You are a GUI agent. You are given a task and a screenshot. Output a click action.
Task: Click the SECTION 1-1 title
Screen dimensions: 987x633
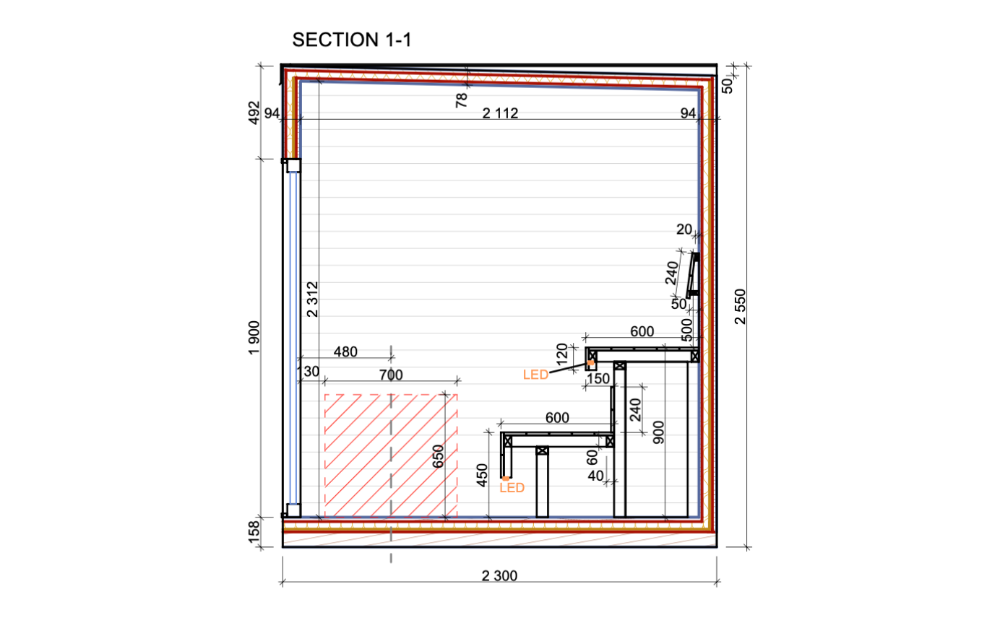[x=352, y=40]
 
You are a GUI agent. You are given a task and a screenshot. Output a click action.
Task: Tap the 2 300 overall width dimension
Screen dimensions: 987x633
[x=499, y=575]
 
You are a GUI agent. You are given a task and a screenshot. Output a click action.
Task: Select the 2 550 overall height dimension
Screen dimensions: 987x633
[x=741, y=306]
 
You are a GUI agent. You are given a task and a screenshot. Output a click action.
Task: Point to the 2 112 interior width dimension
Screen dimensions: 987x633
[x=500, y=113]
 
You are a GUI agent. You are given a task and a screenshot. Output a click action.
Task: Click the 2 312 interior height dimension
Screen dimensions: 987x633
[x=312, y=300]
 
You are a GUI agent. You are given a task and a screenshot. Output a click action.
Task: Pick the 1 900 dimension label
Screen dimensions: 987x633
[x=254, y=338]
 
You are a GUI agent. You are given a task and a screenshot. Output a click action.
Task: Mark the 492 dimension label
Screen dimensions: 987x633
[x=254, y=113]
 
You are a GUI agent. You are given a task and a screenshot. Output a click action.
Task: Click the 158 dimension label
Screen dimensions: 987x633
[x=254, y=532]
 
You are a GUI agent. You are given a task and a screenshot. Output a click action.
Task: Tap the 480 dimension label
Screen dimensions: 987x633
[x=345, y=352]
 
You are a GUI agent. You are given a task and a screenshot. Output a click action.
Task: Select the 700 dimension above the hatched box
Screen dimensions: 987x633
[x=391, y=375]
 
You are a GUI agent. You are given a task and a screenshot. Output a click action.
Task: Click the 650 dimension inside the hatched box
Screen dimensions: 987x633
[x=438, y=456]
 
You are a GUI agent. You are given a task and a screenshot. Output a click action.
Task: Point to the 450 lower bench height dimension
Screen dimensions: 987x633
[x=483, y=476]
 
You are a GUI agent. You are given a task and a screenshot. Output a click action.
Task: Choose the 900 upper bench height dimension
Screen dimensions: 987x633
[x=658, y=432]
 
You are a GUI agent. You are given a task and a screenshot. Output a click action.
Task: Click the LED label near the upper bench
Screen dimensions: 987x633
[x=536, y=375]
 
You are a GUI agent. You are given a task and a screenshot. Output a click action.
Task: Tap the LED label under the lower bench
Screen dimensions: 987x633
[x=512, y=488]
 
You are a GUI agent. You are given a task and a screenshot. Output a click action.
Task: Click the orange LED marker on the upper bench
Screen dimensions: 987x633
[x=590, y=363]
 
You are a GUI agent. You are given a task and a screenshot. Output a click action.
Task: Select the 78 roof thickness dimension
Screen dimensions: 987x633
[x=461, y=100]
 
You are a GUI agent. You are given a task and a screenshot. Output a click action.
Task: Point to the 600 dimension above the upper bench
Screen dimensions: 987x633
[x=642, y=331]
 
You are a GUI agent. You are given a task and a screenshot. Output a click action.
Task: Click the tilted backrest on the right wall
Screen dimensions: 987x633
[x=693, y=275]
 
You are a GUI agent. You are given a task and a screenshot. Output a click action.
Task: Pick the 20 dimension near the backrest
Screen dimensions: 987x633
[x=684, y=230]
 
